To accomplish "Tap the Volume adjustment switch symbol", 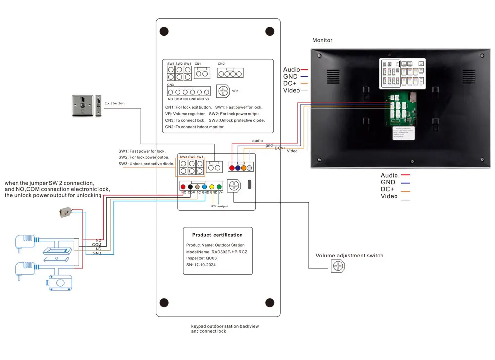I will point(338,266).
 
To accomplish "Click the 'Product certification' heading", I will point(217,235).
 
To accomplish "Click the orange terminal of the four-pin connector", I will point(244,168).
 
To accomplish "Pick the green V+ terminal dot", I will point(220,187).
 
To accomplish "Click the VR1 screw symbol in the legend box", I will point(224,91).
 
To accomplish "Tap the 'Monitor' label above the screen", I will point(322,40).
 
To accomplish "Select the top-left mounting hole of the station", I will point(164,30).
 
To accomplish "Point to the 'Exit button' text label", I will point(115,103).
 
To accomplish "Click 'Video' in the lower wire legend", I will point(389,196).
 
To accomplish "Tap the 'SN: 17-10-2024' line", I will point(201,265).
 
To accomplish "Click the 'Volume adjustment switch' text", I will point(349,256).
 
